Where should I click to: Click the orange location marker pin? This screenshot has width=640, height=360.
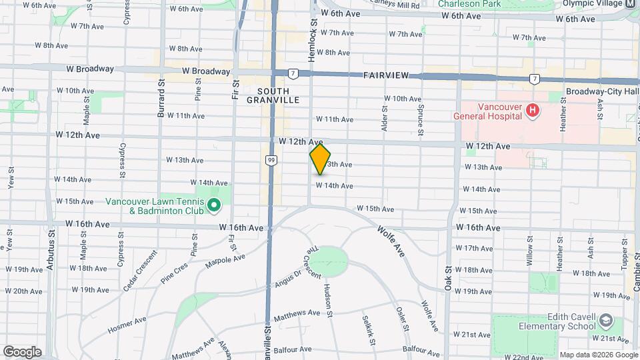click(x=320, y=159)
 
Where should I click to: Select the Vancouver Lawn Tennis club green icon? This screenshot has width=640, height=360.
click(x=214, y=205)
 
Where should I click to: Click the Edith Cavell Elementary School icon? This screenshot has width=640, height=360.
click(x=605, y=321)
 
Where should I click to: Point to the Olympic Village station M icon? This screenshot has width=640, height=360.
click(x=631, y=3)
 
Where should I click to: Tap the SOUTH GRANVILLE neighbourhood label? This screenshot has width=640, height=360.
click(x=277, y=95)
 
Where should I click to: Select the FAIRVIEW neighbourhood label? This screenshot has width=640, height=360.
click(x=386, y=76)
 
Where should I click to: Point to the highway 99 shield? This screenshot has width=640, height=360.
click(x=271, y=160)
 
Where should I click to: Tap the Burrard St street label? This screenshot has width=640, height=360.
click(x=161, y=100)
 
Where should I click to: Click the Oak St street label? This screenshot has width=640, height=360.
click(x=448, y=274)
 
